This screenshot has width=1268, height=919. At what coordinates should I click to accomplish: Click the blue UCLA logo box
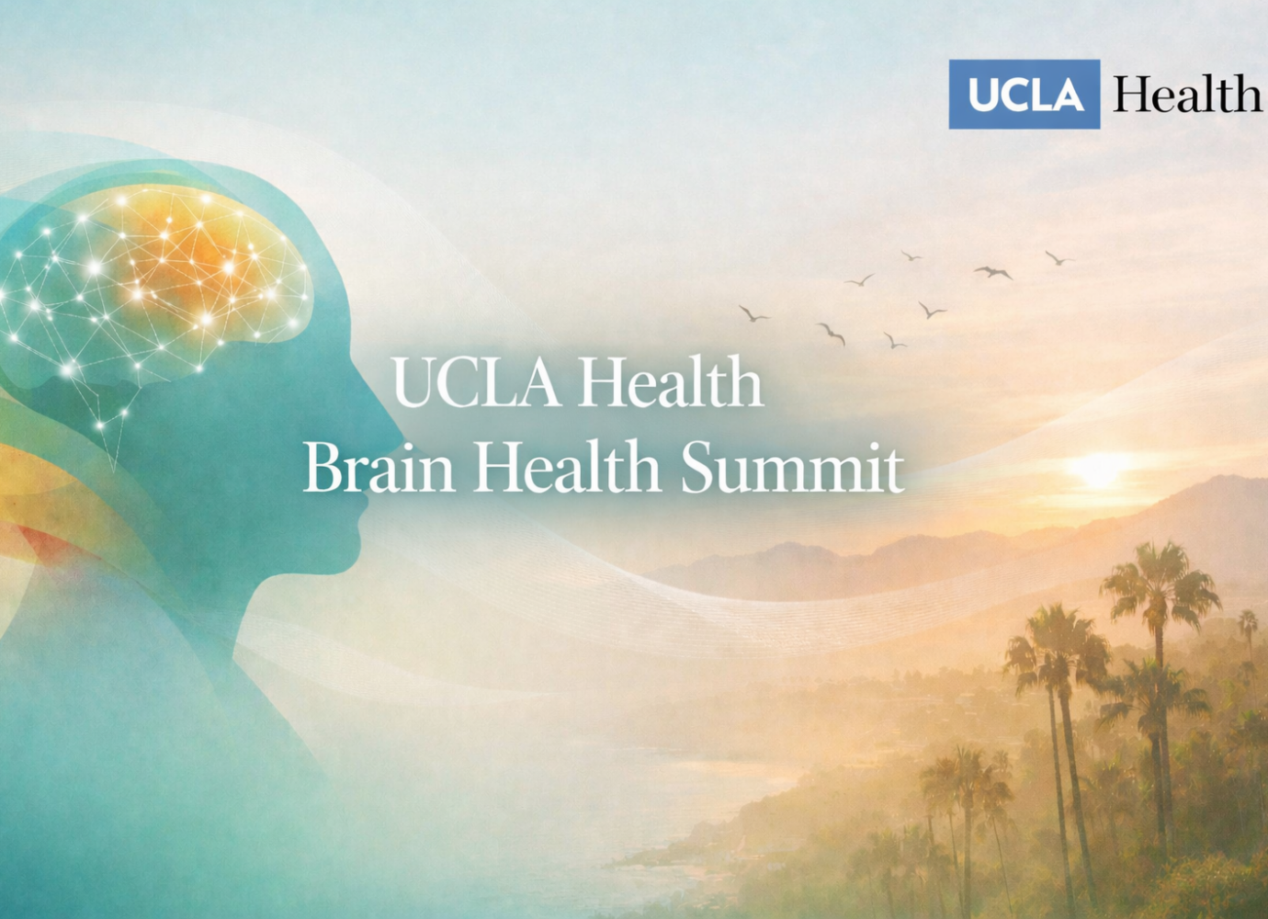[1025, 94]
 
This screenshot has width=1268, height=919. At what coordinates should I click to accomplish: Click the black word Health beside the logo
[1187, 94]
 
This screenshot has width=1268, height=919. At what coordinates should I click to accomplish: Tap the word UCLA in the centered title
[476, 381]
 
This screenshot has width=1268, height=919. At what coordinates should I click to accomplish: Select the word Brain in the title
[379, 465]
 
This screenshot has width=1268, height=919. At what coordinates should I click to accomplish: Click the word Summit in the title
[792, 465]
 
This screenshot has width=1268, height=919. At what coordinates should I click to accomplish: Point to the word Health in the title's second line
[567, 465]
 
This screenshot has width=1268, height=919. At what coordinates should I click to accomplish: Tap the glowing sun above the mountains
[1098, 470]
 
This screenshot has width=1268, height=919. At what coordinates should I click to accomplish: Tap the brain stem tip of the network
[113, 470]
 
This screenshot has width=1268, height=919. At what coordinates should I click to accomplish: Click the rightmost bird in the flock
[1059, 258]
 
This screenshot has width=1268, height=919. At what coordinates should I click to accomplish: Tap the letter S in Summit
[698, 465]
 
